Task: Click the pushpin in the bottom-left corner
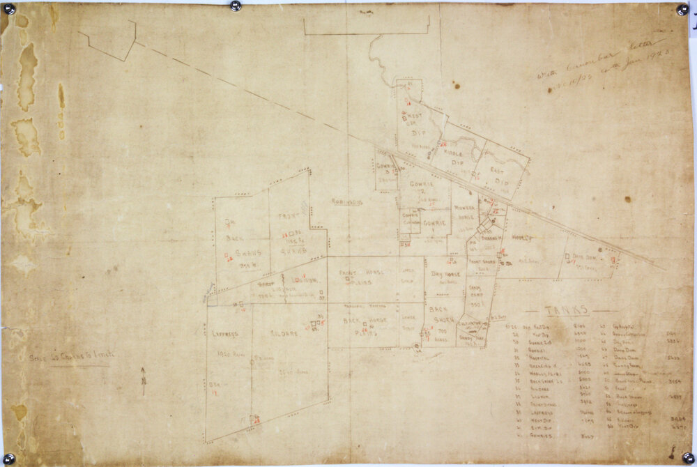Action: click(9, 458)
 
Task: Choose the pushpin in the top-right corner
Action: click(682, 9)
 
